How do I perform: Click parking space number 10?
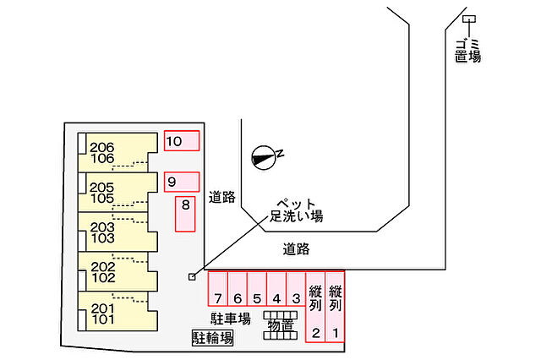pyautogui.click(x=182, y=140)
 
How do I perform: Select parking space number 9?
pyautogui.click(x=182, y=182)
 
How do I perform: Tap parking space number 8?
pyautogui.click(x=185, y=214)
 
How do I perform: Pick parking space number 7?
pyautogui.click(x=218, y=289)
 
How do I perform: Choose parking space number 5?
pyautogui.click(x=257, y=289)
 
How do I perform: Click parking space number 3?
pyautogui.click(x=296, y=289)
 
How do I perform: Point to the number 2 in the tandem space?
pyautogui.click(x=315, y=333)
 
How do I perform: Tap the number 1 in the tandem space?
pyautogui.click(x=336, y=333)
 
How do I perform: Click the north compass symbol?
pyautogui.click(x=265, y=157)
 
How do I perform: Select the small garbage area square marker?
pyautogui.click(x=469, y=19)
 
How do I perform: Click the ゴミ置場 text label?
pyautogui.click(x=467, y=51)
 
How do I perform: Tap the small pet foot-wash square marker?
pyautogui.click(x=192, y=276)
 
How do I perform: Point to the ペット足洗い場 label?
pyautogui.click(x=296, y=210)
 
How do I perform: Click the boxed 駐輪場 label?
pyautogui.click(x=212, y=338)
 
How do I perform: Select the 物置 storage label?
pyautogui.click(x=280, y=325)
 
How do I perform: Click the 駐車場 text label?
pyautogui.click(x=231, y=319)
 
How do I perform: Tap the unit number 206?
pyautogui.click(x=101, y=148)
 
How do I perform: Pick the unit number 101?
pyautogui.click(x=103, y=319)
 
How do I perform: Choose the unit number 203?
pyautogui.click(x=102, y=227)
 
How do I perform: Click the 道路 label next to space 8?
pyautogui.click(x=221, y=198)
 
